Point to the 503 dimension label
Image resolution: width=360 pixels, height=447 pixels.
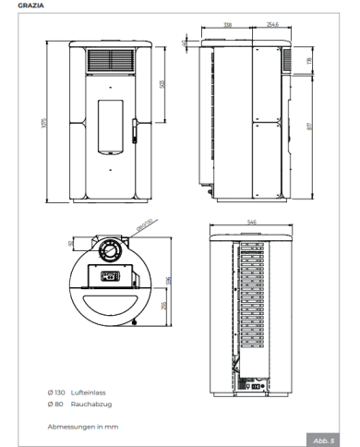coord(162,85)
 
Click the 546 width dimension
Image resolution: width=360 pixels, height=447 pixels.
coord(252,221)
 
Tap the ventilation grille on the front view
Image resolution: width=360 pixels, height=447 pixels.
coord(110,61)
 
